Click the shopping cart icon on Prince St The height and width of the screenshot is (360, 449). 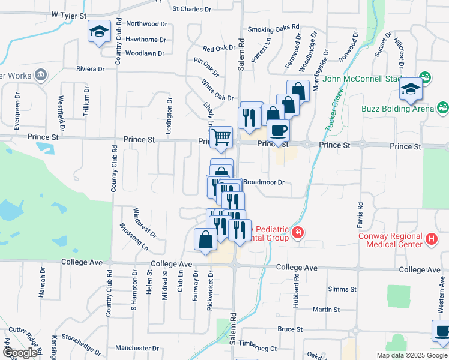pyautogui.click(x=221, y=137)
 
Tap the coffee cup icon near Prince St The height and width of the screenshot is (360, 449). pyautogui.click(x=277, y=130)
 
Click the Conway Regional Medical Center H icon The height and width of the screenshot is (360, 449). pyautogui.click(x=430, y=239)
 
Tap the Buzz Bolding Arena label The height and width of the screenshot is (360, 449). pyautogui.click(x=397, y=109)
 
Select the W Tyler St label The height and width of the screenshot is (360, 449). pyautogui.click(x=70, y=13)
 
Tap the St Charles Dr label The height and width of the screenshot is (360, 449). pyautogui.click(x=191, y=9)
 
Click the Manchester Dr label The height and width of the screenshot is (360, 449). pyautogui.click(x=137, y=348)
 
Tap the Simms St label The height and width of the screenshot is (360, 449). pyautogui.click(x=342, y=289)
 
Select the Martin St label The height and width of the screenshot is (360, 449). pyautogui.click(x=327, y=310)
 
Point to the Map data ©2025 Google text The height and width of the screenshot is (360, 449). pyautogui.click(x=412, y=355)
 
